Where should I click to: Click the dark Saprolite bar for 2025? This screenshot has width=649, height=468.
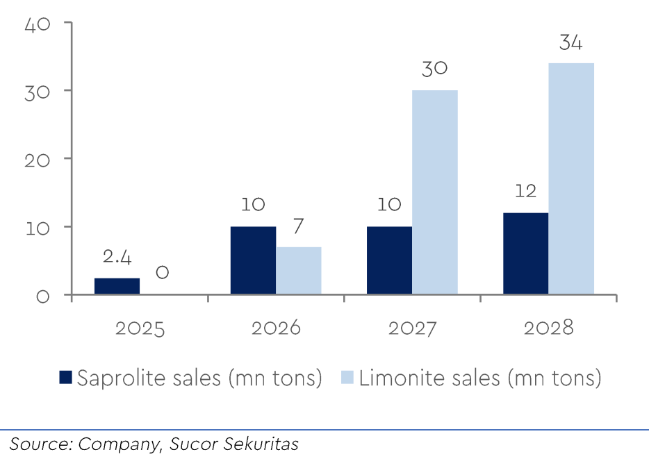(117, 286)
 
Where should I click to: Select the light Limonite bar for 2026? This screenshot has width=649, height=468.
(299, 271)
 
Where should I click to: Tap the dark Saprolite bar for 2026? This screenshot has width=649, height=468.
(253, 260)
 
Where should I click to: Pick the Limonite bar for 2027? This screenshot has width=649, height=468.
(435, 192)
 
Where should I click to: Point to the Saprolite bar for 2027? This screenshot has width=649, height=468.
(389, 260)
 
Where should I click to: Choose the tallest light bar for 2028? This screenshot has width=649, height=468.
(571, 179)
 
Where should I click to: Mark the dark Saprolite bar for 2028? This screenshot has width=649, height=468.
(525, 253)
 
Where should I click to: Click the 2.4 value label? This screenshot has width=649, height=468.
(117, 258)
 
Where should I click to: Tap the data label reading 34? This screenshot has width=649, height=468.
(570, 43)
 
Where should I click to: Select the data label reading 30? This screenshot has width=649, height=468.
(434, 69)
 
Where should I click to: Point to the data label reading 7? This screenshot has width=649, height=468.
(299, 227)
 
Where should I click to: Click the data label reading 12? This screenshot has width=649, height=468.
(525, 192)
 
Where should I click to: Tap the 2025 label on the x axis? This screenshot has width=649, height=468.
(140, 328)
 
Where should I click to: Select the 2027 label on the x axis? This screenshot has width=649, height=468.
(412, 328)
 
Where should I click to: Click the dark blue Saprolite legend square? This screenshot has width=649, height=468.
(65, 378)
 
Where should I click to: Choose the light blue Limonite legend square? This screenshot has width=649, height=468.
(347, 378)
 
